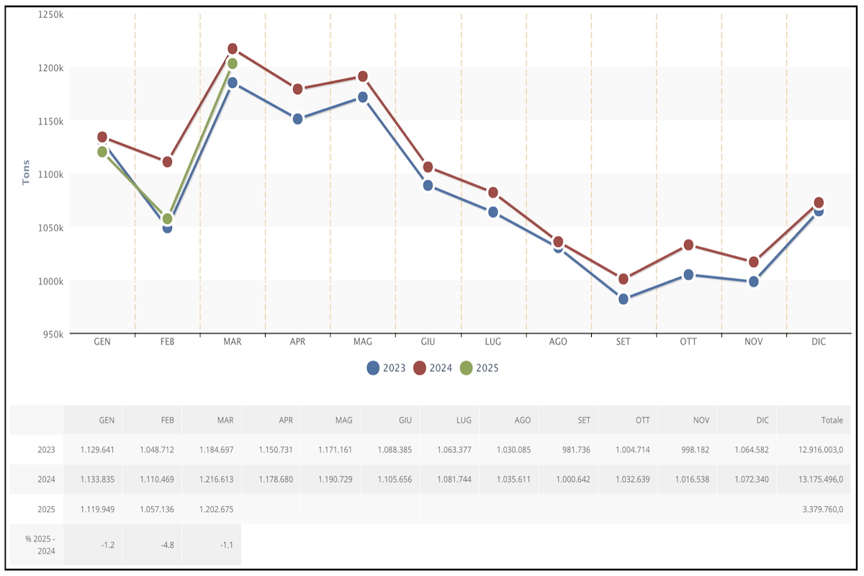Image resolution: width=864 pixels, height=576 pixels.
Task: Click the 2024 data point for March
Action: tap(233, 49)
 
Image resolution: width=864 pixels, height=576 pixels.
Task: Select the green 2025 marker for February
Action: tap(167, 218)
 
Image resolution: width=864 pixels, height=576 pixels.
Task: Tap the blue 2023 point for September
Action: tap(624, 299)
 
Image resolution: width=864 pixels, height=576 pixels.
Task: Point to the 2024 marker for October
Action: tap(688, 245)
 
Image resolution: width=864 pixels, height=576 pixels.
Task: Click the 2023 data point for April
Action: tap(297, 119)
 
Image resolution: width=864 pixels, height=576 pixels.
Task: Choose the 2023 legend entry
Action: tap(387, 368)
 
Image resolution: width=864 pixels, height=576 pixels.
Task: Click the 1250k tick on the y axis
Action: tap(51, 14)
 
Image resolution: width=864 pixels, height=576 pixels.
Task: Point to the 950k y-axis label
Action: tap(53, 334)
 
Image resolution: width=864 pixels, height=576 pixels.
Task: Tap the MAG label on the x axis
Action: tap(363, 342)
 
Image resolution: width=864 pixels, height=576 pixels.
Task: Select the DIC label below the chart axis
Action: tap(819, 342)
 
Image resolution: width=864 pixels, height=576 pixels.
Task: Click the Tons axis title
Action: tap(26, 172)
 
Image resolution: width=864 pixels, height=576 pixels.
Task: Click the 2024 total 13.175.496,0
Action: tap(814, 479)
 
